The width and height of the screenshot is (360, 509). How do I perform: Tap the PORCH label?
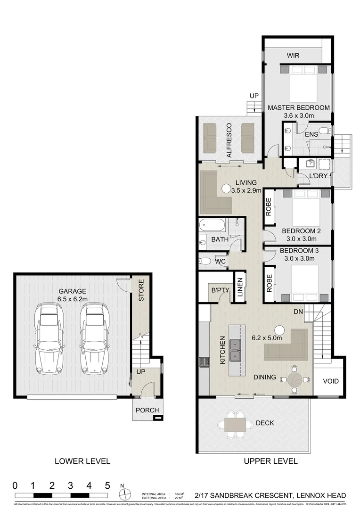point(147,410)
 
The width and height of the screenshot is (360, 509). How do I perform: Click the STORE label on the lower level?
point(140,291)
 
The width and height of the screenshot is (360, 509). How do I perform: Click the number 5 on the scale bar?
point(107,485)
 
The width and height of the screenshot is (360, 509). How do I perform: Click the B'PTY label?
point(220,291)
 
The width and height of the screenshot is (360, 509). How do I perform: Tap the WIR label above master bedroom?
point(293,56)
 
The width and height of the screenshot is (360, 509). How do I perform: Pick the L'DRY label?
point(319,176)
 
